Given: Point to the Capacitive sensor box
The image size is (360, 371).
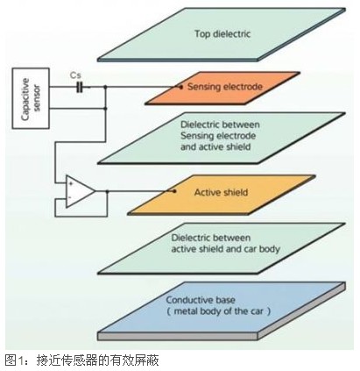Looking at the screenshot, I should pos(30,92).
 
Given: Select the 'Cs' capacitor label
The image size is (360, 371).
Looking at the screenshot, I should pos(76,75).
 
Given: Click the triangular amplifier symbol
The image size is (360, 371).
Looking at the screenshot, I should pos(80,192).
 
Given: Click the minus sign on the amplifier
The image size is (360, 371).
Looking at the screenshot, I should pos(71,199).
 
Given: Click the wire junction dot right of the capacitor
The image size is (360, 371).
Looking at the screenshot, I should pos(106,88).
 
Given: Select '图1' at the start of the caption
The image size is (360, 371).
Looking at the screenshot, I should pos(11,360).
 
